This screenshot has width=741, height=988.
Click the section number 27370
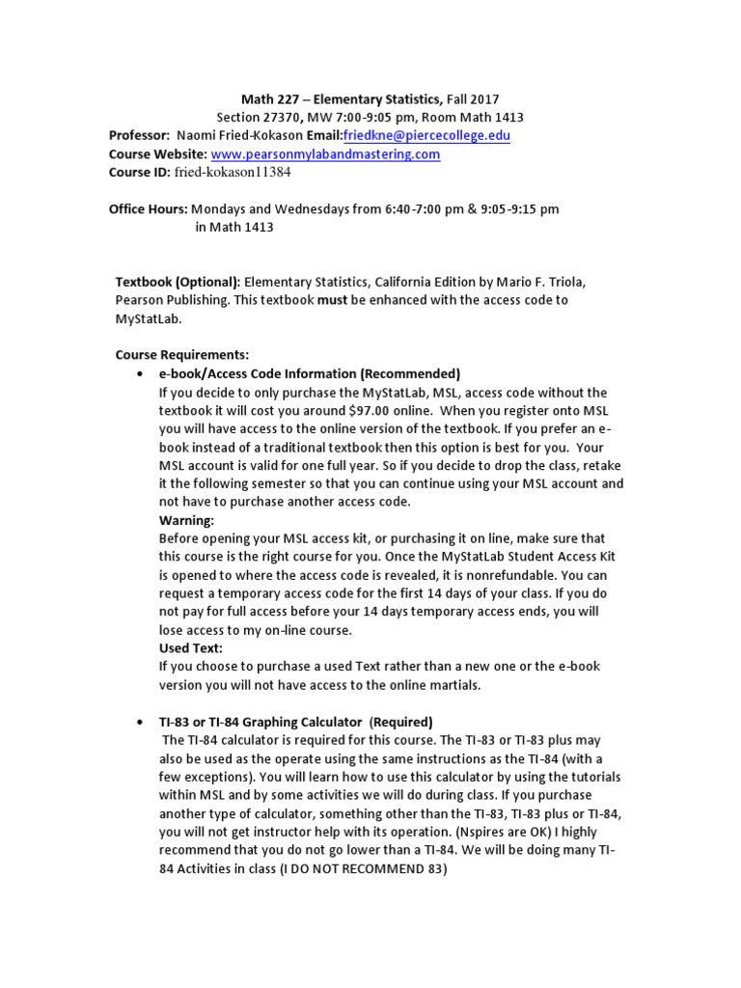(x=289, y=117)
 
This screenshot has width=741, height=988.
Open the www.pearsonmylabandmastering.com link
(x=325, y=154)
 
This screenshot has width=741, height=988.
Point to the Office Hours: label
(x=148, y=208)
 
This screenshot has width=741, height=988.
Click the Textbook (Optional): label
(x=178, y=282)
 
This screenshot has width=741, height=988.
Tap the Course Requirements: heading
(x=182, y=355)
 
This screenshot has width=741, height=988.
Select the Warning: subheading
(x=186, y=520)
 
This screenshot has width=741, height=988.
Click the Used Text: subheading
(x=190, y=648)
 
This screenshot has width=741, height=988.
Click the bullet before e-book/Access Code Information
(x=141, y=374)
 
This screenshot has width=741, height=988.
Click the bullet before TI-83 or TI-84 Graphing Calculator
(x=141, y=722)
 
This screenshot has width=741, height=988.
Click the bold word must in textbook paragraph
(x=333, y=300)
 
